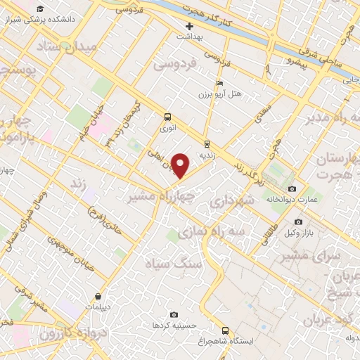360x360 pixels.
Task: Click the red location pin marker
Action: pos(181,166)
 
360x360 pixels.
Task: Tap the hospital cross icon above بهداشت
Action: pos(189,26)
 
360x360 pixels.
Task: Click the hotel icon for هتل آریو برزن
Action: pos(220,83)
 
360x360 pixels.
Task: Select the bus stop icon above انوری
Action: pos(167,117)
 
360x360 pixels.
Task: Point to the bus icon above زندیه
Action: pos(206,143)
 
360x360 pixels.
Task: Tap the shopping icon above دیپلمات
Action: pos(96,297)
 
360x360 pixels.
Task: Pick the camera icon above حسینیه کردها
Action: pos(174,314)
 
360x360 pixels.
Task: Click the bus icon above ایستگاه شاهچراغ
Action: pos(225,330)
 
